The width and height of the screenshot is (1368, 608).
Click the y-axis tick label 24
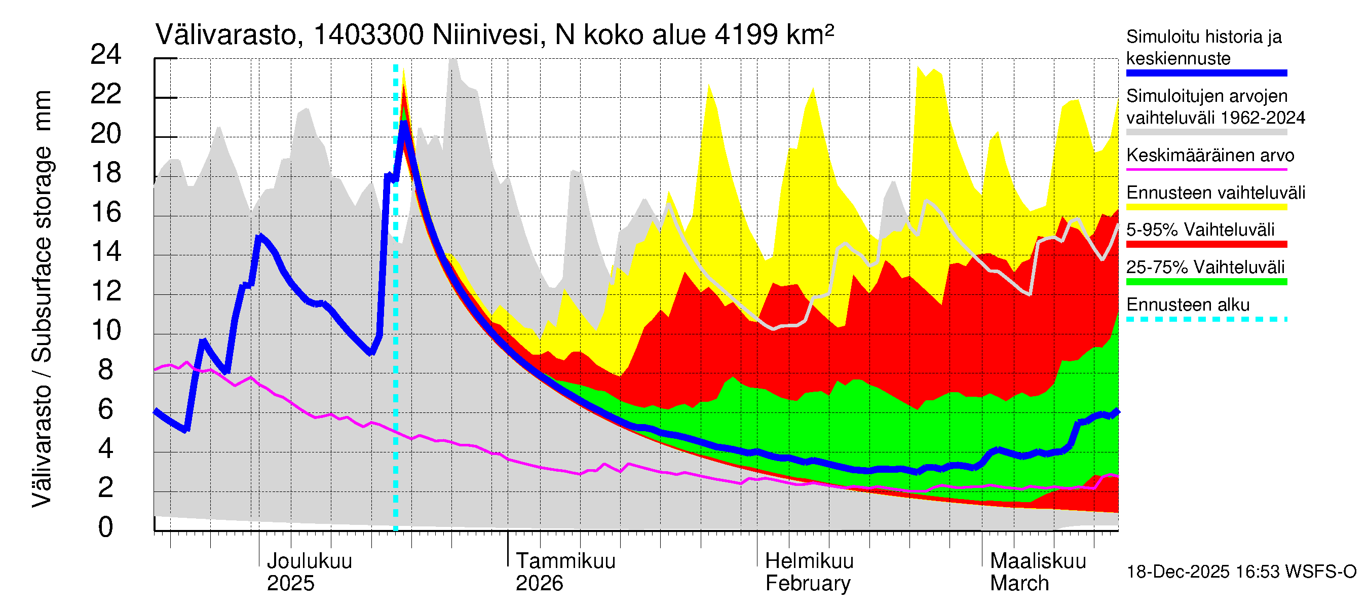[x=106, y=55]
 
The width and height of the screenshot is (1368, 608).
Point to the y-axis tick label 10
[x=106, y=330]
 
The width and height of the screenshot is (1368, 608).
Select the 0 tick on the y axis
[x=106, y=527]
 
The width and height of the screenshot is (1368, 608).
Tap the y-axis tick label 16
[x=106, y=212]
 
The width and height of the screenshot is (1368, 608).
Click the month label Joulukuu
[x=309, y=561]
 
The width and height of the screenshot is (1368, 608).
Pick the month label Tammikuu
[x=565, y=561]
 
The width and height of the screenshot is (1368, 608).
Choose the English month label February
[x=808, y=584]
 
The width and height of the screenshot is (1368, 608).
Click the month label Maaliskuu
[x=1038, y=561]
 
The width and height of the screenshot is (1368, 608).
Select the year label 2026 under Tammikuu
[x=539, y=584]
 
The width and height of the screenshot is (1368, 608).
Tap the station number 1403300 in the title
[x=368, y=35]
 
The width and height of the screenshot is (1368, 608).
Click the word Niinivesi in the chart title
[x=486, y=35]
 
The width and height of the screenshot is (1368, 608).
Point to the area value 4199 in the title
[x=746, y=35]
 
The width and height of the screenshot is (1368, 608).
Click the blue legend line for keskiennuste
[x=1206, y=73]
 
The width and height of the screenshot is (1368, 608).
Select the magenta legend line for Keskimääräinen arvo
[x=1206, y=169]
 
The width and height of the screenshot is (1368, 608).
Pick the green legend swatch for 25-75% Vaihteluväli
[x=1206, y=282]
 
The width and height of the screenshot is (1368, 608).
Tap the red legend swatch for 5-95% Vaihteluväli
[x=1206, y=244]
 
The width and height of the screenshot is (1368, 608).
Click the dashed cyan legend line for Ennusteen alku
[x=1206, y=319]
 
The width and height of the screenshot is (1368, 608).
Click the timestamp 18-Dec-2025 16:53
[x=1204, y=572]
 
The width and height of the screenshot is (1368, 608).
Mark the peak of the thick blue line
[x=404, y=123]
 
